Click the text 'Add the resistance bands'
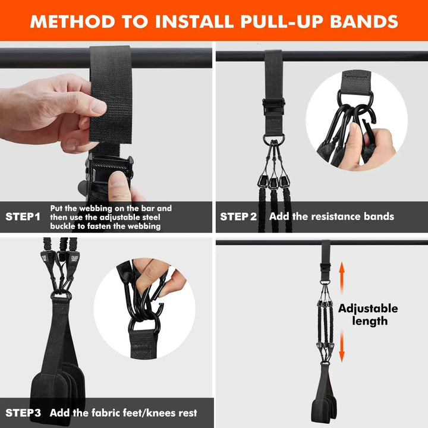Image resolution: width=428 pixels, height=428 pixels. click(x=331, y=216)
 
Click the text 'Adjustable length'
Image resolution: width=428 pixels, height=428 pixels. click(x=368, y=314)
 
